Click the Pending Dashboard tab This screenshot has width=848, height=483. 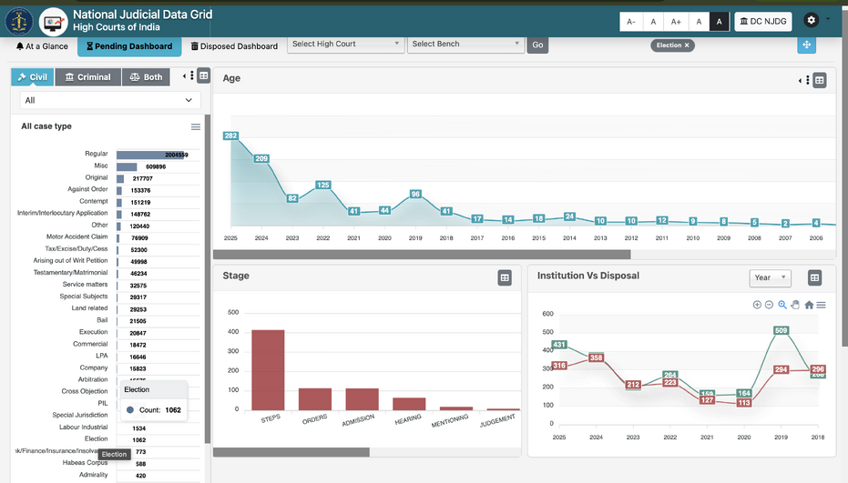click(128, 46)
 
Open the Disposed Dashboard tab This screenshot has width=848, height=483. click(233, 46)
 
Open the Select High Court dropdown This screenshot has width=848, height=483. click(345, 44)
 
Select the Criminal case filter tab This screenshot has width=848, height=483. click(87, 77)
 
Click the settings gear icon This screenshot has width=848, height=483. click(812, 20)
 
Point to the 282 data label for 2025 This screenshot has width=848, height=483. click(230, 136)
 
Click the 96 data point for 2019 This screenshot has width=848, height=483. click(415, 194)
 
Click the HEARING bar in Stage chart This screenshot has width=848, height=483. click(409, 403)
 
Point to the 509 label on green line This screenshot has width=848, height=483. click(781, 331)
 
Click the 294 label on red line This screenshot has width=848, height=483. click(781, 369)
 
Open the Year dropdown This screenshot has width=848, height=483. click(770, 277)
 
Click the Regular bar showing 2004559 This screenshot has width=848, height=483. click(151, 155)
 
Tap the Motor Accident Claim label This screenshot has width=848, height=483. click(77, 237)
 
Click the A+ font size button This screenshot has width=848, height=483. click(675, 22)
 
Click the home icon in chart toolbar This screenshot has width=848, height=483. click(809, 305)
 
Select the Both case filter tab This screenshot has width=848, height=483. click(146, 77)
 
